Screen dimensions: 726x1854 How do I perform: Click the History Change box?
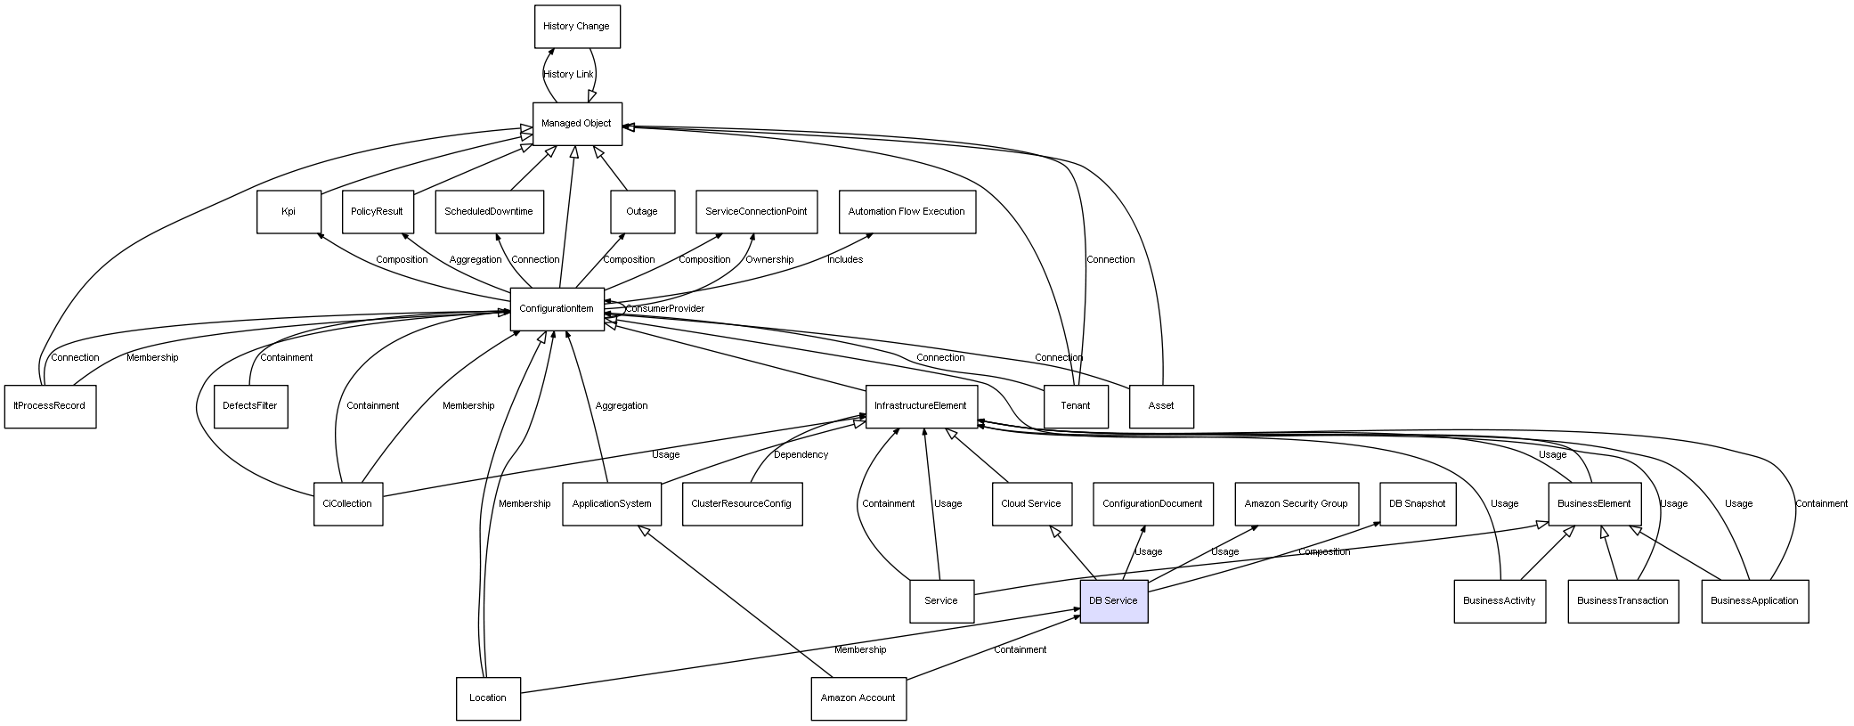coord(577,27)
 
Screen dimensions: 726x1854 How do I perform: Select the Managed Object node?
coord(577,124)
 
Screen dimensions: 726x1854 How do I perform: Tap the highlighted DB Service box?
coord(1113,601)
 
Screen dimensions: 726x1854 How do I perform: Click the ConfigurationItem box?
coord(557,309)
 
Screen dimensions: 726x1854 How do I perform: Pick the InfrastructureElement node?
coord(921,406)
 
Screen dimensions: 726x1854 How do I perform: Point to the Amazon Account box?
coord(858,698)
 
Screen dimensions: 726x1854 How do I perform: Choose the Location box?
coord(488,698)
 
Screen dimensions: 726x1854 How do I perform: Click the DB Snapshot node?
coord(1417,504)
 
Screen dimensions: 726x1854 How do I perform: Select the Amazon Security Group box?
coord(1296,504)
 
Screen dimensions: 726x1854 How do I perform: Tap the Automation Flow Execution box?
coord(907,212)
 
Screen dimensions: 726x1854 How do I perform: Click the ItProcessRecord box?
coord(50,406)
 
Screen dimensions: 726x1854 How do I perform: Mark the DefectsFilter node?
coord(250,406)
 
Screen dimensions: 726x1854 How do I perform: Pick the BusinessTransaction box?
coord(1622,601)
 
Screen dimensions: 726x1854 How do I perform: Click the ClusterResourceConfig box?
coord(741,504)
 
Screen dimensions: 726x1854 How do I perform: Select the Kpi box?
coord(289,212)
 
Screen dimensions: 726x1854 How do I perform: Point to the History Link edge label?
coord(568,75)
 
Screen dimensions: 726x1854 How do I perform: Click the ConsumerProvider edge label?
coord(664,309)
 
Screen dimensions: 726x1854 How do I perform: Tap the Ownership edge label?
coord(769,260)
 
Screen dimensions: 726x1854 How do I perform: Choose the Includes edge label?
coord(845,260)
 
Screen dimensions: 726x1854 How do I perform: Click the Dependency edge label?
coord(801,455)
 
